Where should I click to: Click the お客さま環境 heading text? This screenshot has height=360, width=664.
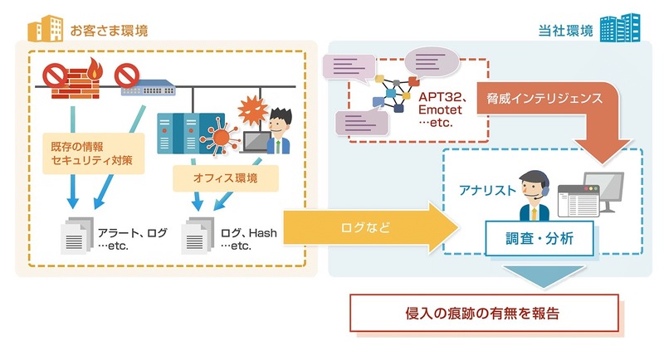110,32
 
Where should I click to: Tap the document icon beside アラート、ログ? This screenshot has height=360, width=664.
74,238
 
